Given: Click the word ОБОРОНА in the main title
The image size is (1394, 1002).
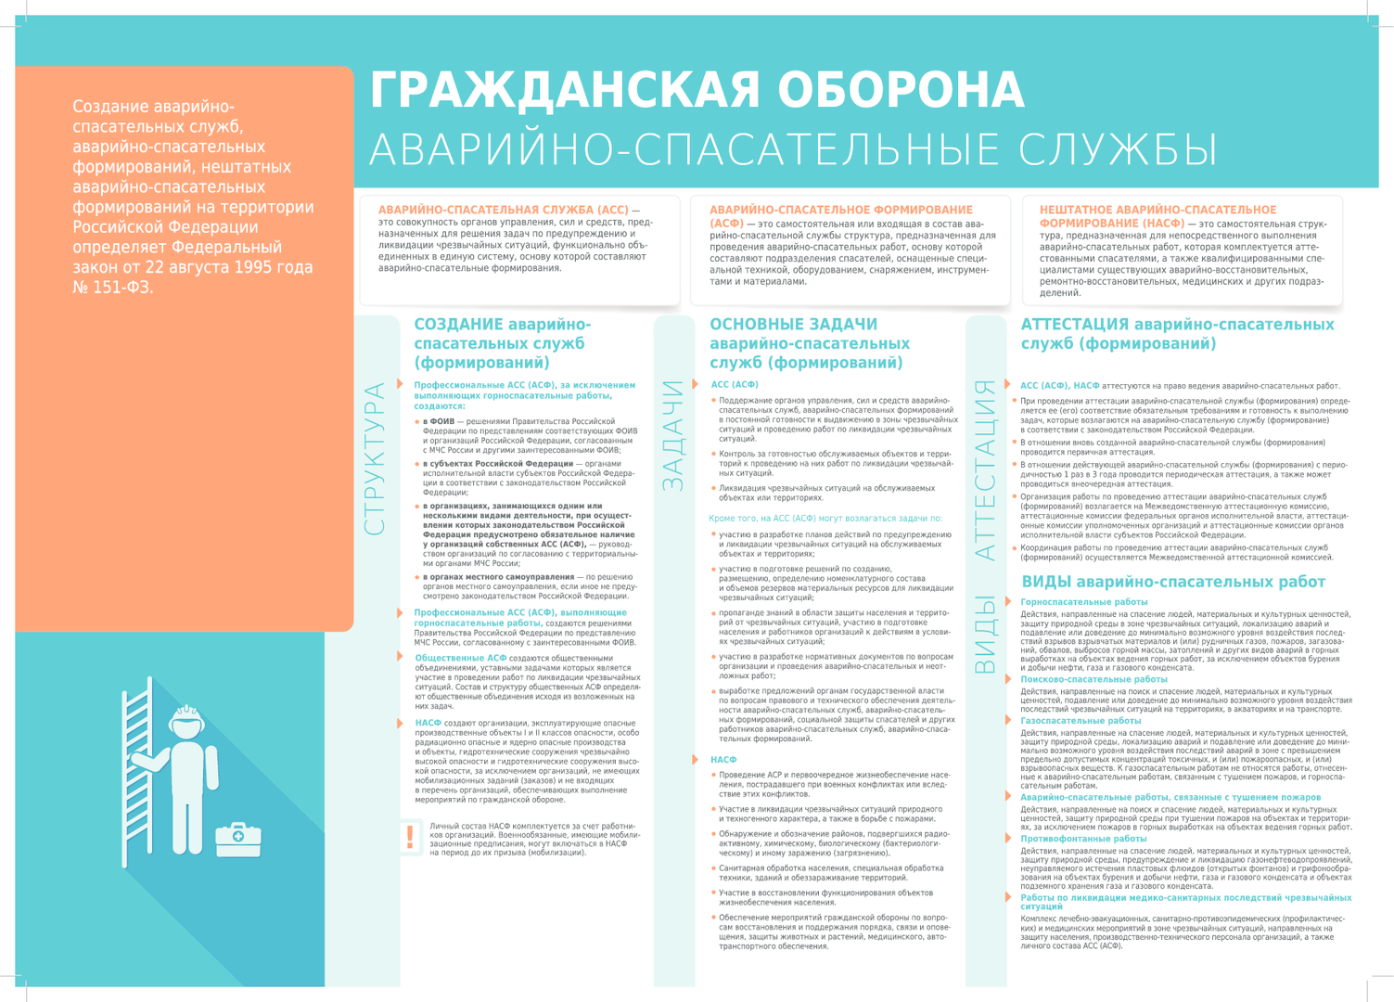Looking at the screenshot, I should point(900,91).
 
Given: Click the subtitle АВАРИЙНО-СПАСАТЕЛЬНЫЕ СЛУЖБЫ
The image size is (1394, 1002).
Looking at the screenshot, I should point(793,150).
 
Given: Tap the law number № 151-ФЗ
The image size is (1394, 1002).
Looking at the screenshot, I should point(112,288).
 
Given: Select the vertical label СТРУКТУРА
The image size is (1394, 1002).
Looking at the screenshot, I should point(375,458).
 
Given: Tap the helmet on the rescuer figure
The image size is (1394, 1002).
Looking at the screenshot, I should point(186,719).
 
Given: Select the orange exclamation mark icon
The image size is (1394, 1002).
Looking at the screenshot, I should point(410,837).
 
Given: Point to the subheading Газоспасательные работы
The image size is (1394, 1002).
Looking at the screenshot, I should point(1081,720).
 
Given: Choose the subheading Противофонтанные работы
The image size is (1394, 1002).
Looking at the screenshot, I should point(1083,838).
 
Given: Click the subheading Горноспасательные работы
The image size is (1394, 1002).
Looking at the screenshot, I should point(1083,602).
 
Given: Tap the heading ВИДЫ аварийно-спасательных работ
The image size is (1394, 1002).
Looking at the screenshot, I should point(1172,582).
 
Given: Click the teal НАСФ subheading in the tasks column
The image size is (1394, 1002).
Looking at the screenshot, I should point(723,760).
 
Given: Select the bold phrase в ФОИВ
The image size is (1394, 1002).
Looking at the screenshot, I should point(439,421).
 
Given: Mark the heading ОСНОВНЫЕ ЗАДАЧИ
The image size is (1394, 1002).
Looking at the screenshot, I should point(793,325).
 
